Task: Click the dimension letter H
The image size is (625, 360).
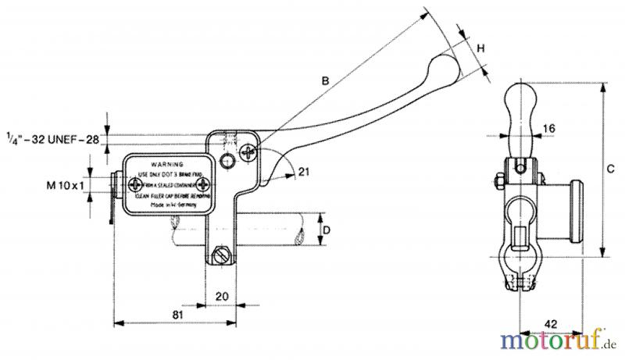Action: click(x=481, y=48)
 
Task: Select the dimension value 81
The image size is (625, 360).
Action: click(x=177, y=313)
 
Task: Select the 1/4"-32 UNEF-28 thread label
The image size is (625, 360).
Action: click(x=52, y=138)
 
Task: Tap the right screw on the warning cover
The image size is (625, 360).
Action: click(x=205, y=184)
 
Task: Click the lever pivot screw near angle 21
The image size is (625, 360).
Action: click(x=250, y=151)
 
